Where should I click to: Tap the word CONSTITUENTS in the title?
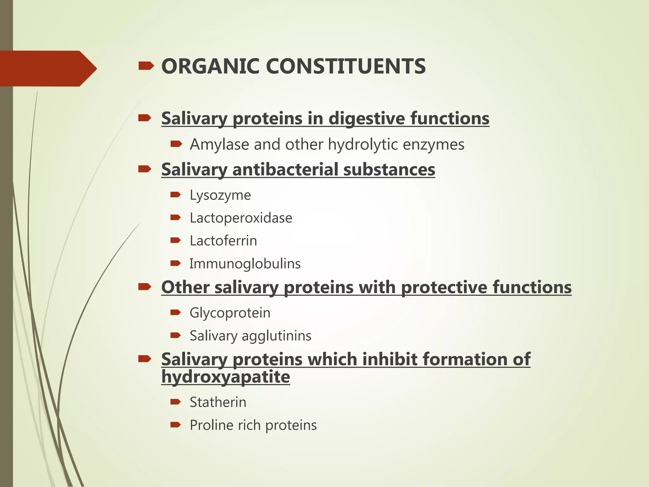click(x=345, y=67)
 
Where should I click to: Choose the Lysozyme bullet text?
click(x=220, y=195)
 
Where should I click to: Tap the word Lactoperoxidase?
click(x=241, y=218)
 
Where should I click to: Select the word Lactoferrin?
click(x=223, y=241)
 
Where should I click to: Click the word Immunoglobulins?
click(x=245, y=264)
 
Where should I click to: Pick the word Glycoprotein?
click(x=230, y=313)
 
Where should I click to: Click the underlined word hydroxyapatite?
click(x=226, y=377)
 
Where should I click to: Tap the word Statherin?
click(x=218, y=402)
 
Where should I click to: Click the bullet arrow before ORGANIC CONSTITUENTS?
click(x=146, y=66)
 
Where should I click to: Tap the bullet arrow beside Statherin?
click(x=175, y=402)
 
